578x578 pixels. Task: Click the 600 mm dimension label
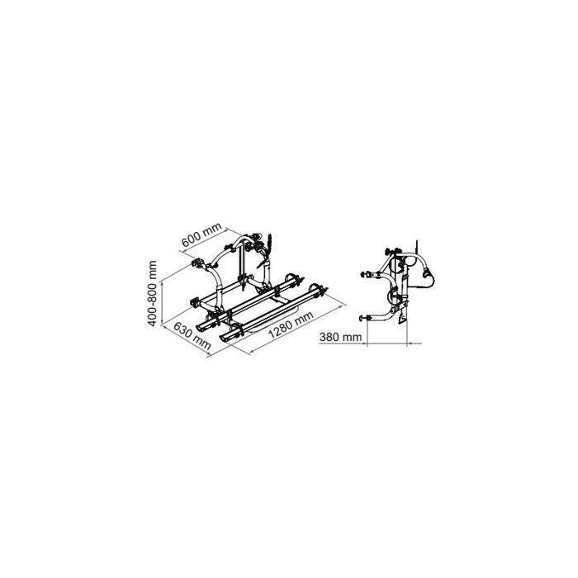pyautogui.click(x=201, y=235)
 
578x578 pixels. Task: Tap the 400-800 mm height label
pyautogui.click(x=152, y=293)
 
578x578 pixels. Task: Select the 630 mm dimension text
pyautogui.click(x=192, y=336)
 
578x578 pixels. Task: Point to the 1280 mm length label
pyautogui.click(x=291, y=325)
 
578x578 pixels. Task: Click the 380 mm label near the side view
pyautogui.click(x=340, y=337)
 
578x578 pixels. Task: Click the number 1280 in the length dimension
pyautogui.click(x=283, y=329)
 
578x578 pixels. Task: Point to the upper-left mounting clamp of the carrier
pyautogui.click(x=198, y=263)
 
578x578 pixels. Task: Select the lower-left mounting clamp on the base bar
pyautogui.click(x=196, y=303)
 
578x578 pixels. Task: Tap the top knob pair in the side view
pyautogui.click(x=392, y=251)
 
